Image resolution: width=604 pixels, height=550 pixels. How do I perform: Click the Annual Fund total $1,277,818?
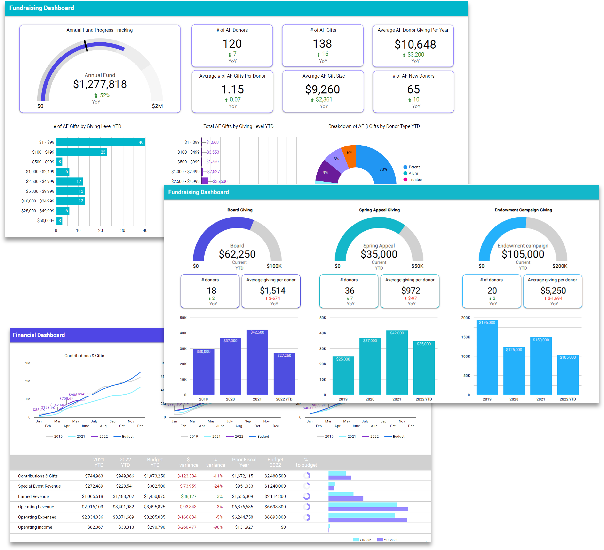[x=100, y=84]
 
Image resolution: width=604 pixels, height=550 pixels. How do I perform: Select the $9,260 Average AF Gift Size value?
[x=322, y=89]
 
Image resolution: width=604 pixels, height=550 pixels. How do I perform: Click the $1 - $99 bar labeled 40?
[x=100, y=142]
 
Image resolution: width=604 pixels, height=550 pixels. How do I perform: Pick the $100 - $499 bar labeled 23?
[x=81, y=152]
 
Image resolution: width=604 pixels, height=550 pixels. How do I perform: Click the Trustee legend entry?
[x=415, y=179]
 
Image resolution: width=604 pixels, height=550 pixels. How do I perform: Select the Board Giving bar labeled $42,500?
[x=257, y=363]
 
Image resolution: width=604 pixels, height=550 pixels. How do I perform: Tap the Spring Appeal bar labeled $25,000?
[x=343, y=376]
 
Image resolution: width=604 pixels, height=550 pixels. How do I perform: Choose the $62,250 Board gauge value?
[x=237, y=254]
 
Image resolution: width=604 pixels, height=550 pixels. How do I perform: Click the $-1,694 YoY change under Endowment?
[x=555, y=298]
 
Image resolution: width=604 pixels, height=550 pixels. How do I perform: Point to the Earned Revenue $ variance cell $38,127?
[x=189, y=496]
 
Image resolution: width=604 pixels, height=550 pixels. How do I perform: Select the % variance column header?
[x=215, y=462]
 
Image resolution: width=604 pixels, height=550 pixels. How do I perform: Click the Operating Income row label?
[x=35, y=527]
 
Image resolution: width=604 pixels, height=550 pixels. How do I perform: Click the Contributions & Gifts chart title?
[x=84, y=356]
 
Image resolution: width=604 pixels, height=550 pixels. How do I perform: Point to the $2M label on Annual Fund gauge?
[x=157, y=106]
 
